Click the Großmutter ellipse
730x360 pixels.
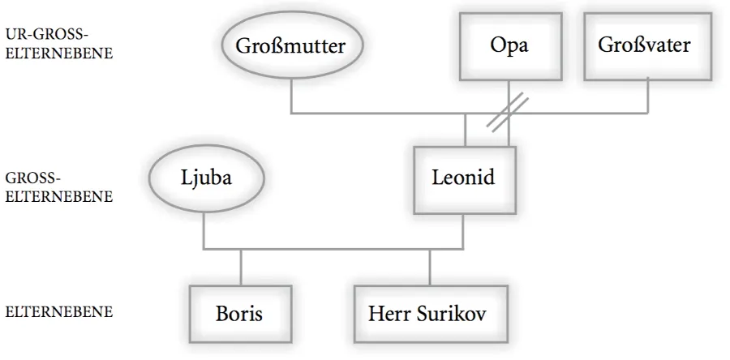[290, 46]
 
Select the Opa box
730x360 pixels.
[509, 45]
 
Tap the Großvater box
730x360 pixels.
[644, 45]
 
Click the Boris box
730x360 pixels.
[239, 313]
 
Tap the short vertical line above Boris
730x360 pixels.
[241, 266]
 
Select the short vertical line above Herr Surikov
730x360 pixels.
[430, 266]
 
